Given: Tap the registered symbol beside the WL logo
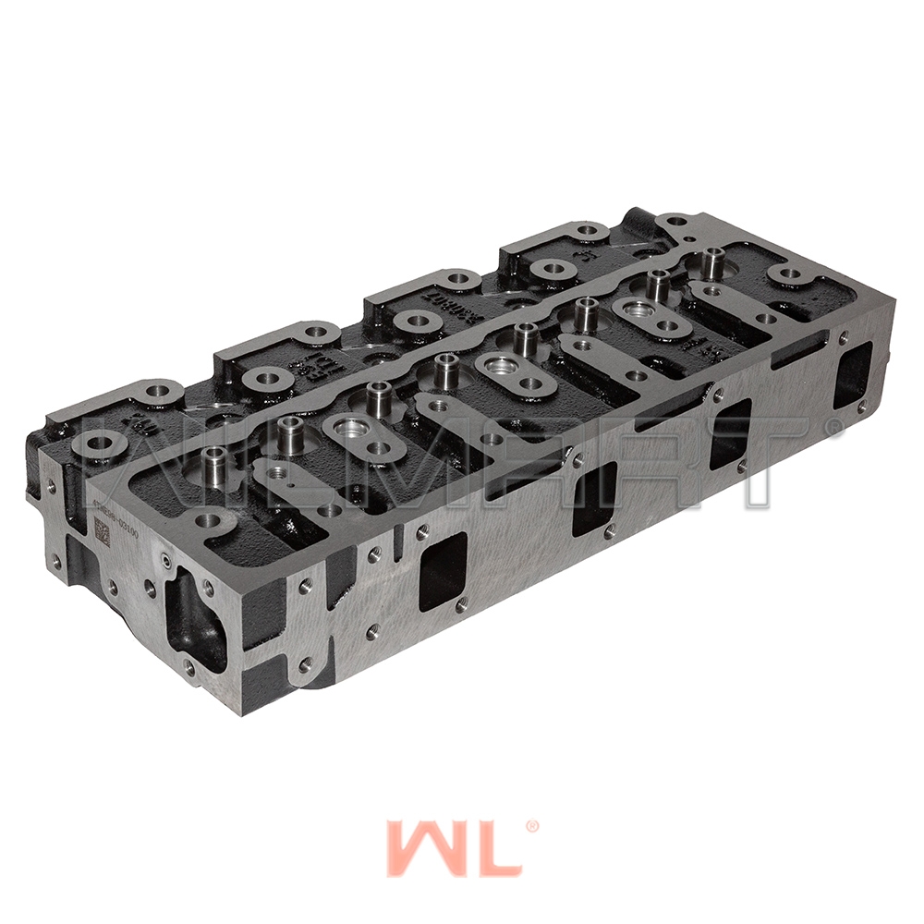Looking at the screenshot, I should (531, 827).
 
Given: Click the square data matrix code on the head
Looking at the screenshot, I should (102, 530).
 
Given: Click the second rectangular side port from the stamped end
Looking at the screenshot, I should (593, 498).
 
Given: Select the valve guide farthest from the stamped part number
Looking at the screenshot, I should (711, 262).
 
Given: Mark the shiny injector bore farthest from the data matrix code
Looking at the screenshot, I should (633, 310).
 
